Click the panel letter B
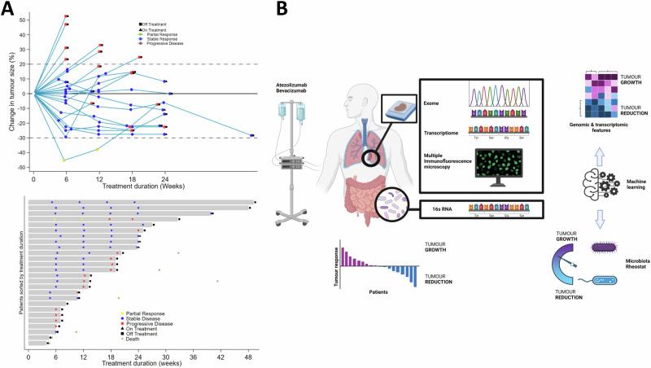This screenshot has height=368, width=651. (x=282, y=9)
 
